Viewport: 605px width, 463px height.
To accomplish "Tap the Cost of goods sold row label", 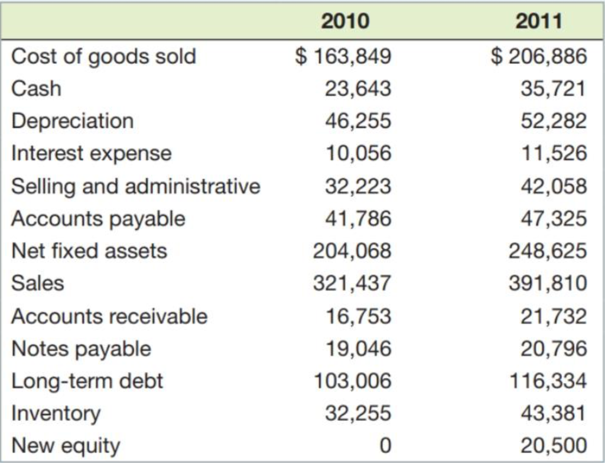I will click(x=104, y=57).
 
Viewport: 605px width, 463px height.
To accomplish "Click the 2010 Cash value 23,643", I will click(x=358, y=89).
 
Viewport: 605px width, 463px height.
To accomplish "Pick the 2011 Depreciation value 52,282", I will click(x=554, y=121).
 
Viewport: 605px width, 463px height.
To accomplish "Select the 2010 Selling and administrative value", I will click(x=358, y=186).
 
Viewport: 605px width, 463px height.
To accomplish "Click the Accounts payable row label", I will click(x=98, y=219).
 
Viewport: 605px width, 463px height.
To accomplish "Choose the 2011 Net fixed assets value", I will click(x=548, y=251).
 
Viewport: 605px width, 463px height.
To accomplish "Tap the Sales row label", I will click(x=37, y=283).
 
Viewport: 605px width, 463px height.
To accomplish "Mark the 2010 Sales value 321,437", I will click(x=352, y=283).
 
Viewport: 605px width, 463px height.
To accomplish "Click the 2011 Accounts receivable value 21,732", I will click(x=554, y=316).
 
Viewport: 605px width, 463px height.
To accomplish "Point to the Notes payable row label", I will click(x=82, y=349).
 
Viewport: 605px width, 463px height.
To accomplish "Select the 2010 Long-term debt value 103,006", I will click(x=352, y=381).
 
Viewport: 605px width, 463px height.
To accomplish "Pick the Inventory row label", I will click(x=56, y=413).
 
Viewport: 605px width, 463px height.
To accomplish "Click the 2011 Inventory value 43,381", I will click(x=554, y=413).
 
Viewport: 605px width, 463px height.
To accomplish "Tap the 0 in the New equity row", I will click(x=385, y=445).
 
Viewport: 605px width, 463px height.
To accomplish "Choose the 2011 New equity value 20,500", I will click(x=554, y=445).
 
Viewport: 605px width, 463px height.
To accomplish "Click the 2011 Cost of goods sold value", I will click(x=539, y=57).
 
